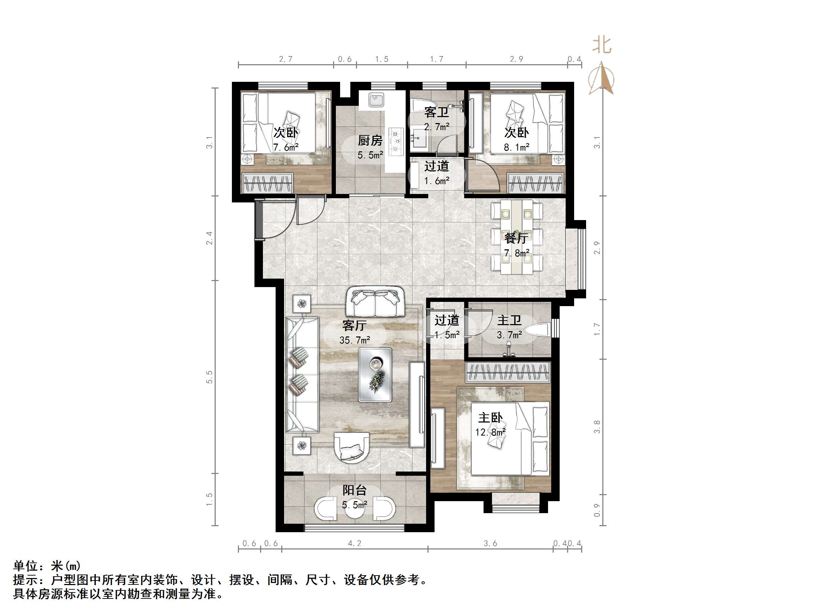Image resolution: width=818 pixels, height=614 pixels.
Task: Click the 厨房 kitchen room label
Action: click(x=370, y=141)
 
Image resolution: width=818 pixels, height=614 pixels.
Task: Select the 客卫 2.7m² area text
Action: click(x=437, y=127)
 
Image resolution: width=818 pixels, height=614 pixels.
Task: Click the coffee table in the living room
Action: click(x=375, y=375)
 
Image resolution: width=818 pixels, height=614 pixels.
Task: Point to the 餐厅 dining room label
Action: click(x=516, y=238)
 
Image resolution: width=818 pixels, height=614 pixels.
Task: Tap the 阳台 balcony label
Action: click(x=354, y=490)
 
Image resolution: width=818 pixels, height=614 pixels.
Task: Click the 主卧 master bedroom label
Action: click(x=490, y=418)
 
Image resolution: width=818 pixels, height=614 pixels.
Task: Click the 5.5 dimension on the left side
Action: click(x=210, y=377)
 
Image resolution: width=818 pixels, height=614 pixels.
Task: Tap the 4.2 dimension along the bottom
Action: click(x=354, y=543)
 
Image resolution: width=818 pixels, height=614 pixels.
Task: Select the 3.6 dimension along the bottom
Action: click(x=490, y=543)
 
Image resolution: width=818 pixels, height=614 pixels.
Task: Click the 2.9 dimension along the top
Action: click(x=516, y=59)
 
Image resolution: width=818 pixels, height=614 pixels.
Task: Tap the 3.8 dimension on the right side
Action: click(x=597, y=427)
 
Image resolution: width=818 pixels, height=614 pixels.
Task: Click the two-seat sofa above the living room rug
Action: click(x=375, y=302)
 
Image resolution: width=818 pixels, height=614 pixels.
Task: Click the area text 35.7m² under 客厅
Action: click(x=355, y=340)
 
